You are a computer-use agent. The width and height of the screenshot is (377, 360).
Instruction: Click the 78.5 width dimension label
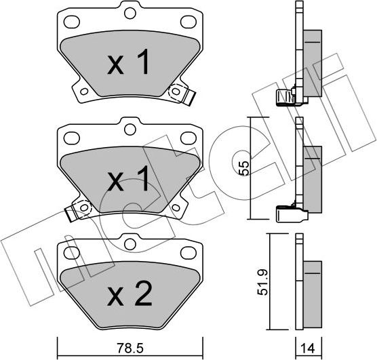pyautogui.click(x=130, y=348)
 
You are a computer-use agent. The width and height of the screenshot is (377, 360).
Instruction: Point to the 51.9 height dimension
pyautogui.click(x=263, y=282)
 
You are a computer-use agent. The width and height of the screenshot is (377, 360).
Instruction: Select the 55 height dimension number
pyautogui.click(x=243, y=168)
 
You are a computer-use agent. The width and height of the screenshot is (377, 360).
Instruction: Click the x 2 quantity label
pyautogui.click(x=130, y=294)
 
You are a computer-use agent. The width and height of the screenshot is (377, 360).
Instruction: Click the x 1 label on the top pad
pyautogui.click(x=128, y=62)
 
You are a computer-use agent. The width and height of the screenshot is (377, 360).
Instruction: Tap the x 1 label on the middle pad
pyautogui.click(x=128, y=178)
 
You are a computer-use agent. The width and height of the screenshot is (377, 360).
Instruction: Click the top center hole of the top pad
pyautogui.click(x=130, y=13)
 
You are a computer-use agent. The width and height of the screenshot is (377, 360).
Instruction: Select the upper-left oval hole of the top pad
pyautogui.click(x=72, y=22)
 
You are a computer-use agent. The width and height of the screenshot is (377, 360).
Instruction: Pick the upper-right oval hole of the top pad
pyautogui.click(x=188, y=22)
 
